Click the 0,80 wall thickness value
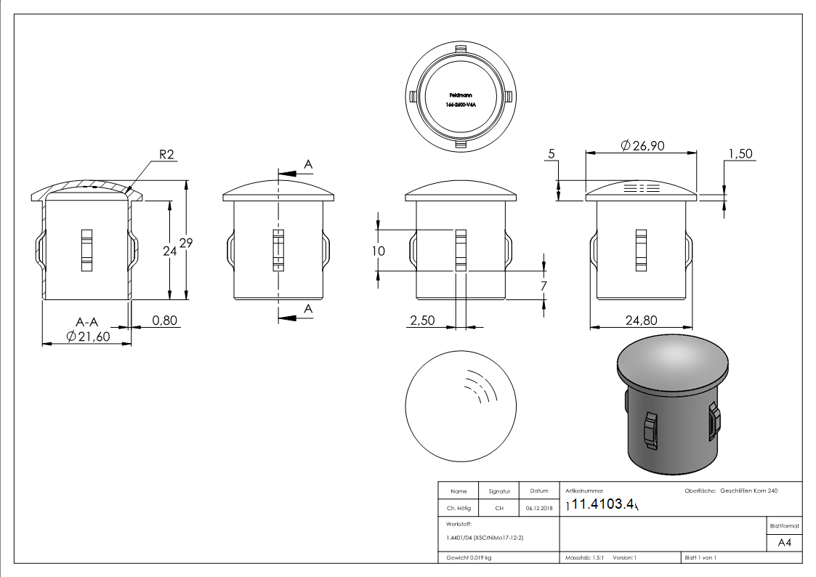[165, 320]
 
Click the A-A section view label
[87, 320]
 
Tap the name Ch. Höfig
[458, 508]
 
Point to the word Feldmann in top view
[460, 95]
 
